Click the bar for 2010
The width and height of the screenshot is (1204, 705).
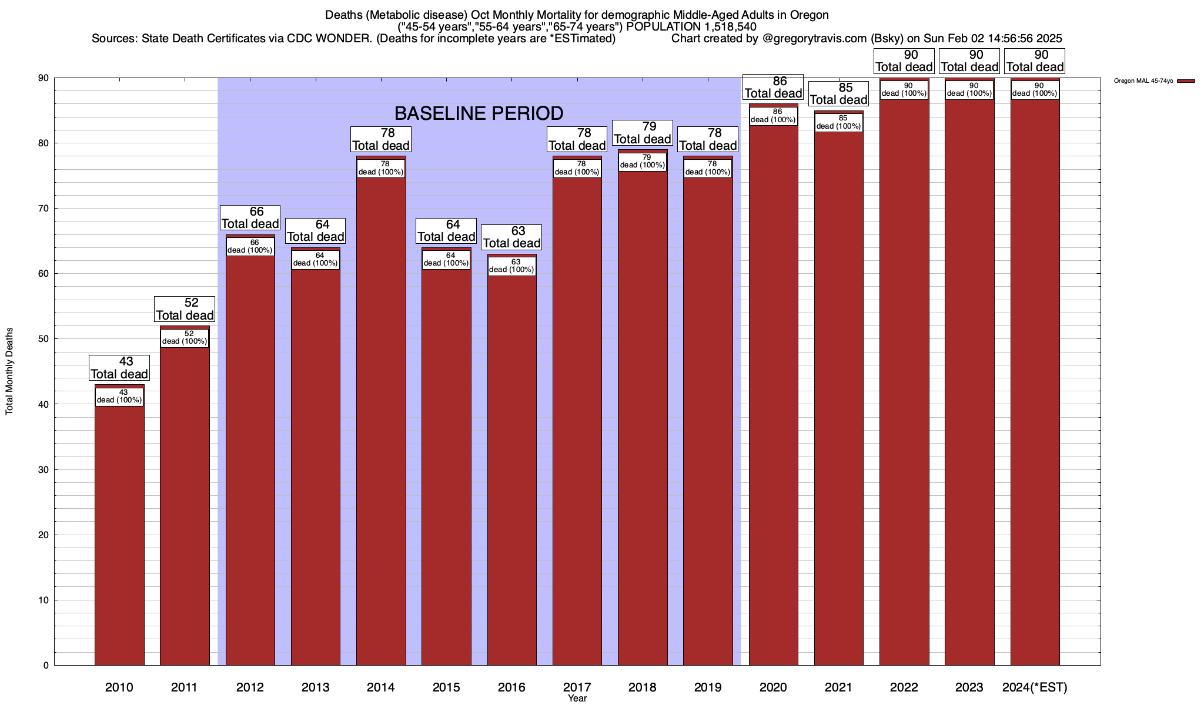point(119,529)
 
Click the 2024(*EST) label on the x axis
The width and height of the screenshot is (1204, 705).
point(1035,687)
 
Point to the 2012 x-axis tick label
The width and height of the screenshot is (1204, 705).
point(250,687)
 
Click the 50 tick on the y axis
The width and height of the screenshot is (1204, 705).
point(45,339)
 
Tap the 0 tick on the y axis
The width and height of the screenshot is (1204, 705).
point(46,666)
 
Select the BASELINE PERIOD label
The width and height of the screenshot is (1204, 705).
point(479,113)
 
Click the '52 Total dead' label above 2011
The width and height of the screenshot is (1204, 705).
point(185,309)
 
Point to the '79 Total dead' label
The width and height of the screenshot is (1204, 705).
point(643,133)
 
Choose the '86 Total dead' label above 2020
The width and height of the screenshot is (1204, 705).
point(773,87)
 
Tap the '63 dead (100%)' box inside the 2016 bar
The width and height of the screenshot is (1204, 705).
point(511,266)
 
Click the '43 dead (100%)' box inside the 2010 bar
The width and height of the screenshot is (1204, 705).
point(119,397)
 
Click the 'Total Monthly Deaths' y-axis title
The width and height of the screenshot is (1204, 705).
point(9,371)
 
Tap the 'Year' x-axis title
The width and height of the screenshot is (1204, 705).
point(577,699)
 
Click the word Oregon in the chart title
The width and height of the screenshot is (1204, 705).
point(810,15)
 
